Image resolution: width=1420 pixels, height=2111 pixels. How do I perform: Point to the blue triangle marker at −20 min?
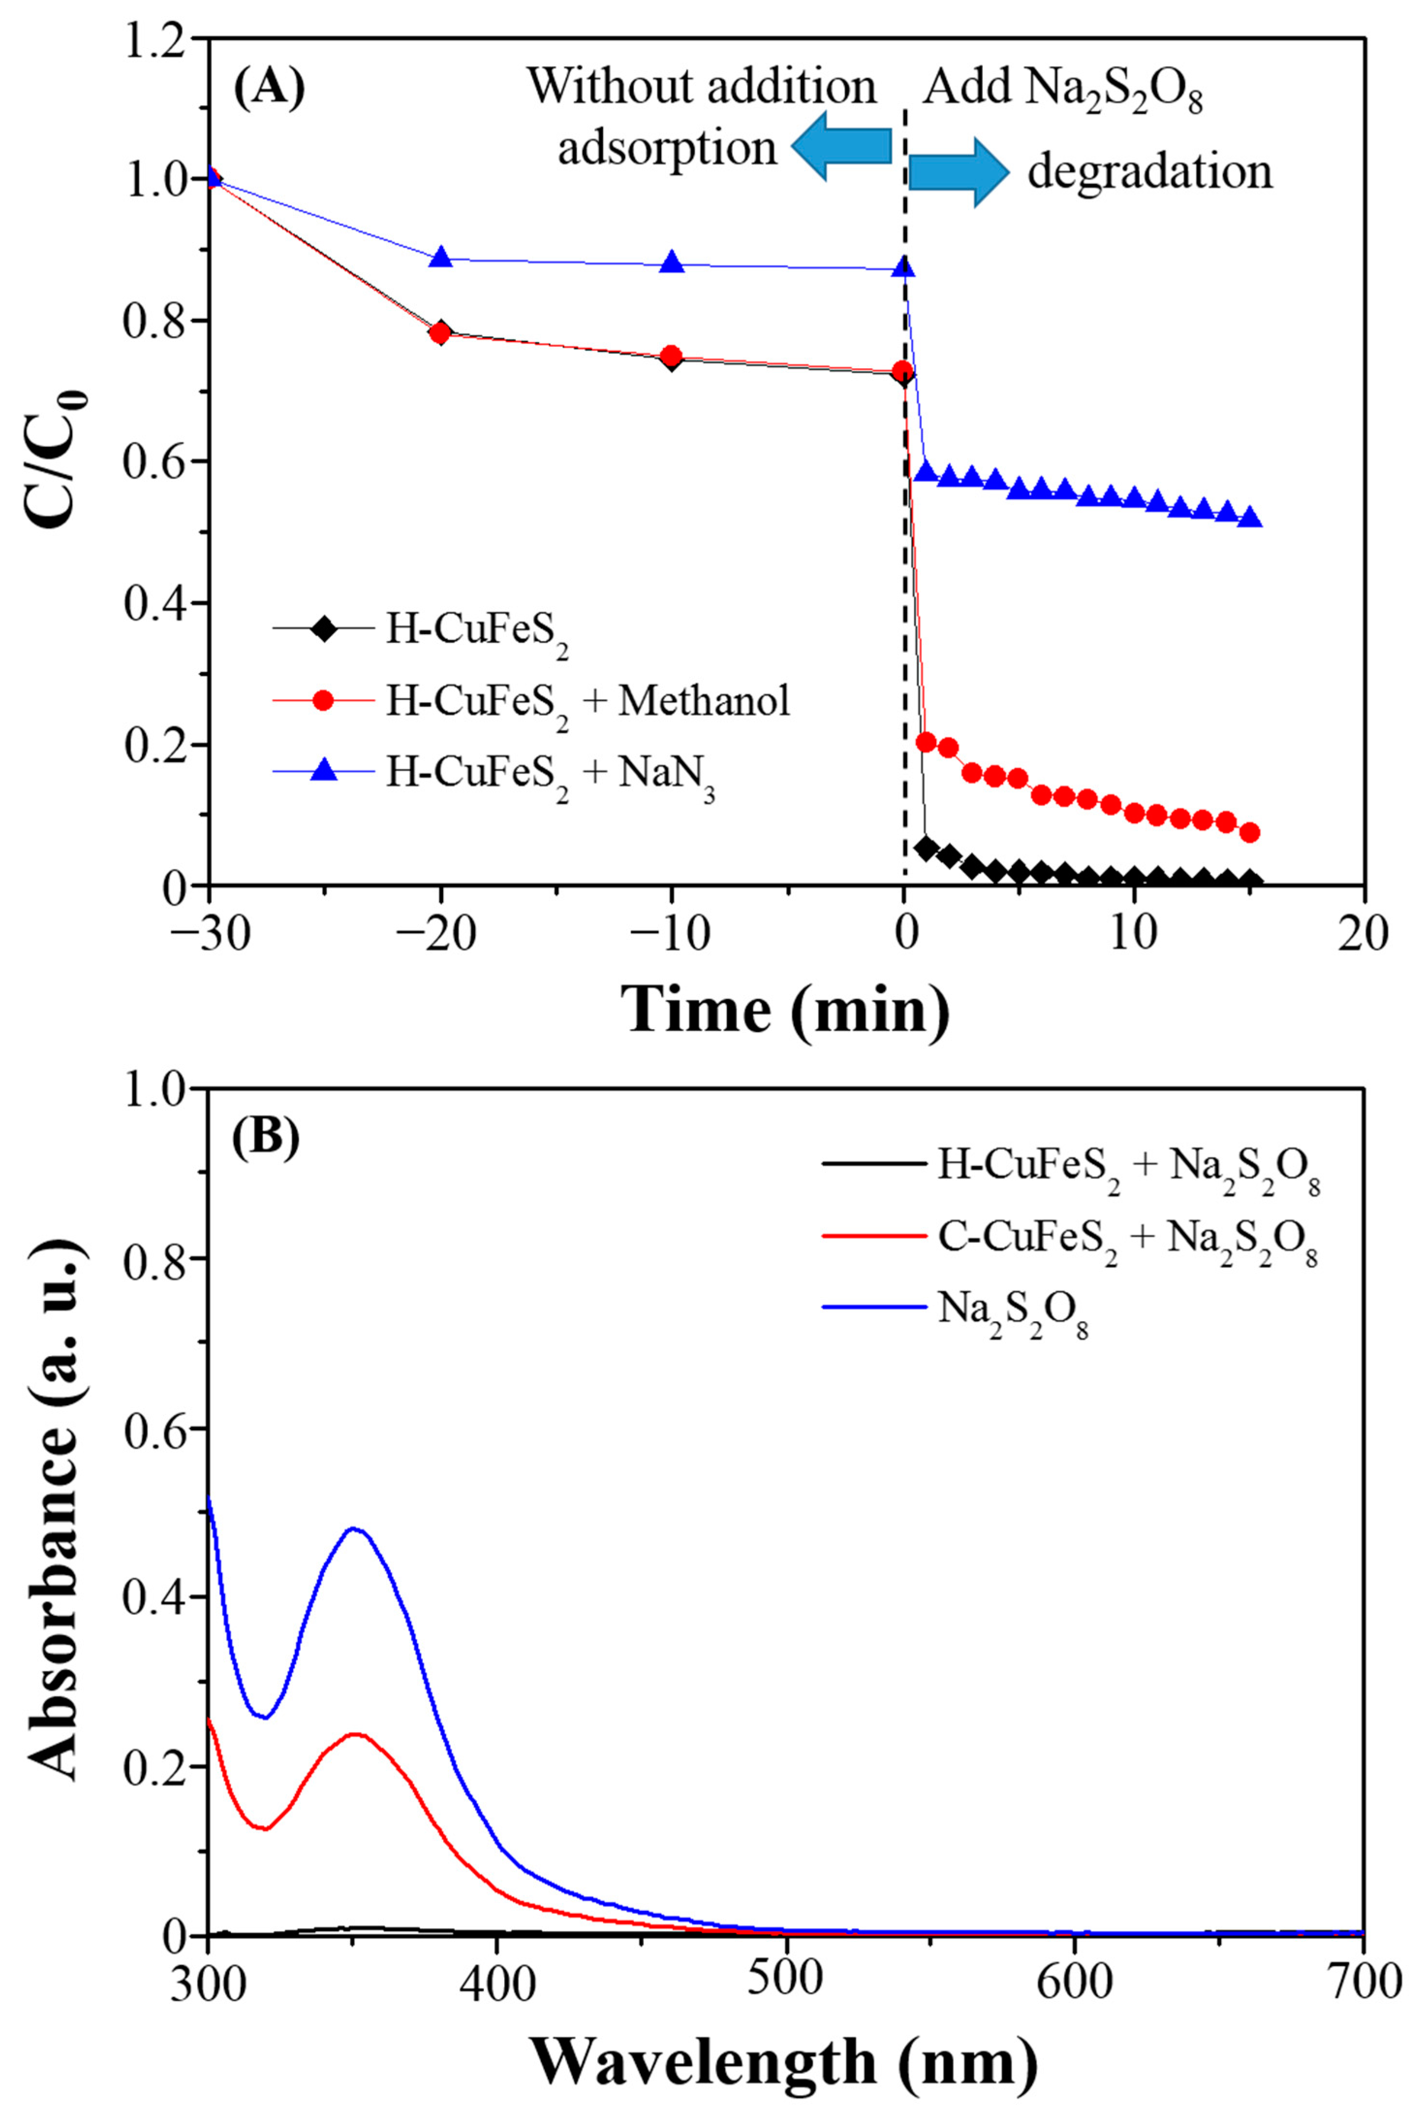click(441, 257)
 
